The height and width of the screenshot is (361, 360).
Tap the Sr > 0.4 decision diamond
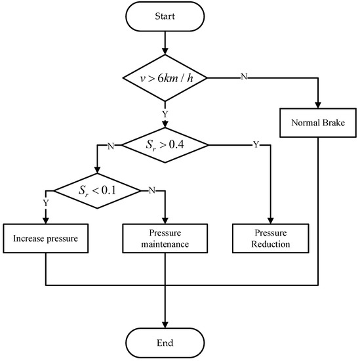pos(163,144)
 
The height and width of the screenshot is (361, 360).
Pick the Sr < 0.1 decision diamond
pos(97,191)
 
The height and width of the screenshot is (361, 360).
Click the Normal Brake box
pos(318,122)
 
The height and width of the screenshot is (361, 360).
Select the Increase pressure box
pos(45,238)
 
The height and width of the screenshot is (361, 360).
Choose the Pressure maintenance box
pos(163,238)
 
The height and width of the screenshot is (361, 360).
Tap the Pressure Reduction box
pos(270,238)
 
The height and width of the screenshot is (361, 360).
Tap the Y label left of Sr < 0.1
pos(45,203)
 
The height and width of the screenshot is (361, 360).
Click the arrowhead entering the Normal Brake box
pos(318,106)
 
